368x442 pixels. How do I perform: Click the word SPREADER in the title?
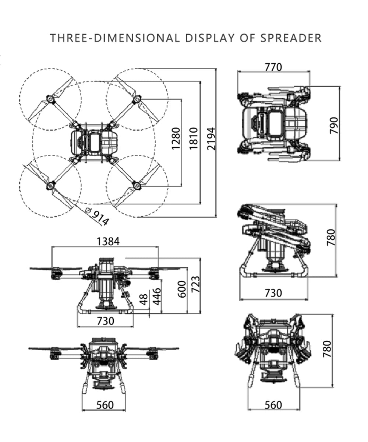click(x=291, y=38)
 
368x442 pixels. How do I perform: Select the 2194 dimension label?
click(x=211, y=138)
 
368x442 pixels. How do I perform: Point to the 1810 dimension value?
click(x=194, y=138)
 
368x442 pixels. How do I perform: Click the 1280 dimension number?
click(x=176, y=138)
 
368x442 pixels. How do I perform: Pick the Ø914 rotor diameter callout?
click(x=98, y=217)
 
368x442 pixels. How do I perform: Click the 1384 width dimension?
click(x=108, y=241)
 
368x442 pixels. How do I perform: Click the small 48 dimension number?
click(x=144, y=299)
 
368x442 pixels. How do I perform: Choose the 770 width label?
click(x=273, y=67)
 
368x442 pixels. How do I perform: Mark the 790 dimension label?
click(x=333, y=126)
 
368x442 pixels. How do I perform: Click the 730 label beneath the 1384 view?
click(x=106, y=321)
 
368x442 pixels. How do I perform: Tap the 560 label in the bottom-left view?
click(x=105, y=405)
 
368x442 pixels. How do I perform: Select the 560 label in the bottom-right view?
click(x=273, y=405)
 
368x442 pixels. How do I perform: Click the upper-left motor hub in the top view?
click(x=49, y=99)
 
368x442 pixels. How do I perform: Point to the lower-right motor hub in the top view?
click(x=137, y=185)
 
